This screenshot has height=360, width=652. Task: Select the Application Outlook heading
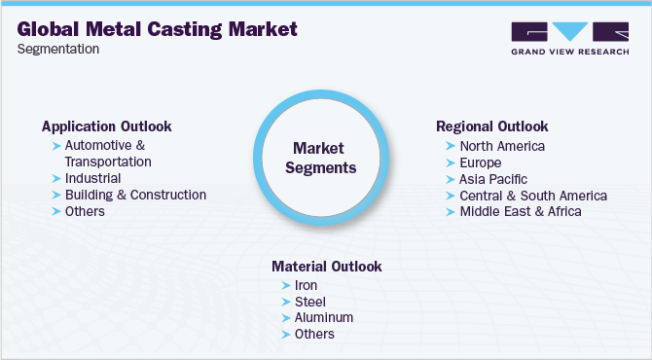[x=106, y=126]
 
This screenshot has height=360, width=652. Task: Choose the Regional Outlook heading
[x=491, y=126]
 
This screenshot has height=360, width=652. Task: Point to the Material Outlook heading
[x=326, y=266]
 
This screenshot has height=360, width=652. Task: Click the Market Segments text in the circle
[x=325, y=157]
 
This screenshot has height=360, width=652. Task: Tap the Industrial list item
[x=92, y=178]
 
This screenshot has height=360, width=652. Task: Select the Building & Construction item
[x=135, y=195]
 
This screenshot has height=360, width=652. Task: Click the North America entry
[x=502, y=146]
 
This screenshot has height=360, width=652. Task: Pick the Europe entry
[x=481, y=162]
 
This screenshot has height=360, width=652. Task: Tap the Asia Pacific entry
[x=493, y=179]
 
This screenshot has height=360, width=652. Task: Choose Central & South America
[x=533, y=196]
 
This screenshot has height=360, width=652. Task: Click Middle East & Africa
[x=521, y=211]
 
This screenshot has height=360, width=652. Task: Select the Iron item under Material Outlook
[x=307, y=285]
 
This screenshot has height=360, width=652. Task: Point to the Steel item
[x=310, y=302]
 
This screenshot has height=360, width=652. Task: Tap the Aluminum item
[x=324, y=317]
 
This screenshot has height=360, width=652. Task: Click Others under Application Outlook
[x=85, y=210]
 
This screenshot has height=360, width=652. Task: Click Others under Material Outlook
[x=314, y=334]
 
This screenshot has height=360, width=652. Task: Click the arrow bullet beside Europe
[x=451, y=162]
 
